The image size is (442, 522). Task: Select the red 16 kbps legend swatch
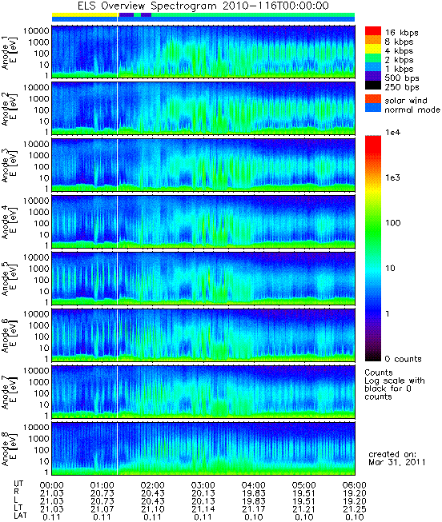373,31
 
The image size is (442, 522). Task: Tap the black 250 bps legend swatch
373,86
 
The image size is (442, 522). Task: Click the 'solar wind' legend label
406,101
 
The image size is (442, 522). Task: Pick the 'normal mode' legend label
412,110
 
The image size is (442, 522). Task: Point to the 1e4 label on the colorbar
392,133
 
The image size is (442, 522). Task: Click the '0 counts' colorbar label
403,359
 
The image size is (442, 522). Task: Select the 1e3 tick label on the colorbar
392,177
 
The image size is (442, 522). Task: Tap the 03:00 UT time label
203,485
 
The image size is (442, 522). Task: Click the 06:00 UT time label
354,485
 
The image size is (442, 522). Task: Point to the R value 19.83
254,493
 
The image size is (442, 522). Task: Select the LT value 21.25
354,509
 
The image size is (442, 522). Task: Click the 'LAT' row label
20,516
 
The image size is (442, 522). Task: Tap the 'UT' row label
18,484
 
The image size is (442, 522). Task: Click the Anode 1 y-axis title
9,52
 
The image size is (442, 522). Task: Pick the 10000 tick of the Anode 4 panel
36,201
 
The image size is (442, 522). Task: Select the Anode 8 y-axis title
9,448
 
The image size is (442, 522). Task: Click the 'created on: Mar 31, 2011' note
396,458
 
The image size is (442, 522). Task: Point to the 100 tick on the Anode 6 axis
41,337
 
